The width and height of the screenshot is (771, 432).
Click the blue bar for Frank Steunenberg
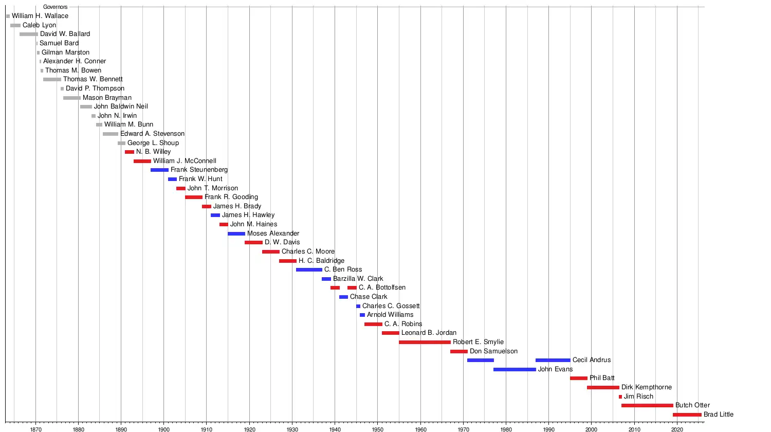pos(159,170)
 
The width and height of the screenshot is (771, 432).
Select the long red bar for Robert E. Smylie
pos(425,342)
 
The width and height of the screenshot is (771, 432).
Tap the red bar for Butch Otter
pos(647,405)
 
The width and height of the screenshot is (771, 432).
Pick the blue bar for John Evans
pos(515,369)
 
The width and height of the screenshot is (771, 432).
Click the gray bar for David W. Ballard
pos(29,34)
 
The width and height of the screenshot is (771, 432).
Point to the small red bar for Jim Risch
pos(620,397)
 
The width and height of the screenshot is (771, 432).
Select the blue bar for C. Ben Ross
pos(309,269)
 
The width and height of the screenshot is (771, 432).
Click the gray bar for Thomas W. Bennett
pos(52,79)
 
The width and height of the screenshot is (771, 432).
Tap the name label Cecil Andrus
pos(592,360)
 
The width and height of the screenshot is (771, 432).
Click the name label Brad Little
pos(719,415)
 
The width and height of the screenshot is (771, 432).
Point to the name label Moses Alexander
pos(273,233)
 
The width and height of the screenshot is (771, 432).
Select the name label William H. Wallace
pos(40,16)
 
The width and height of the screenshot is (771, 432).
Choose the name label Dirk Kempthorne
pos(647,387)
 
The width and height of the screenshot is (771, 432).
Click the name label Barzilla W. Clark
pos(358,279)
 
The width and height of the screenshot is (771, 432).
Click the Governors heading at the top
pos(56,7)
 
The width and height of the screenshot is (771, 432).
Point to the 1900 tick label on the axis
pos(163,429)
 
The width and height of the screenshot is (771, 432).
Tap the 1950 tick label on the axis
pos(377,429)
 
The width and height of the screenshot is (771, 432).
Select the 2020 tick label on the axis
pos(677,429)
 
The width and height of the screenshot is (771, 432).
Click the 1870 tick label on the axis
pos(35,429)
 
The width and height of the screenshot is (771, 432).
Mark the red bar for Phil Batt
pos(579,378)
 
